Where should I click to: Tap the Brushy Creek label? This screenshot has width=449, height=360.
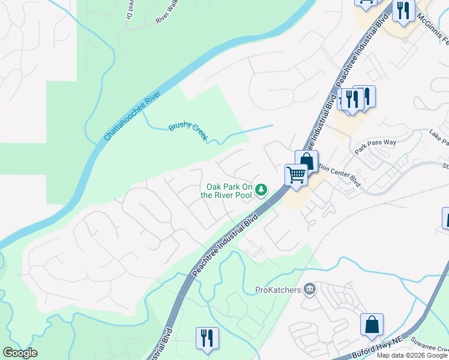click(x=188, y=131)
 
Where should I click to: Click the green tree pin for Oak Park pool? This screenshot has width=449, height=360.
click(x=261, y=190)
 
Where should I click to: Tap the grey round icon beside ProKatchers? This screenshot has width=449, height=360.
click(x=310, y=290)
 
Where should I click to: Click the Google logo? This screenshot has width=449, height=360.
click(x=20, y=353)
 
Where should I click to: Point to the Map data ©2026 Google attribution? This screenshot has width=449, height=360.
click(x=412, y=355)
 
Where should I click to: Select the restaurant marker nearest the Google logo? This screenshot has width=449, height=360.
click(x=207, y=337)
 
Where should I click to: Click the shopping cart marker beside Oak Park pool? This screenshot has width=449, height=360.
click(x=295, y=175)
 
